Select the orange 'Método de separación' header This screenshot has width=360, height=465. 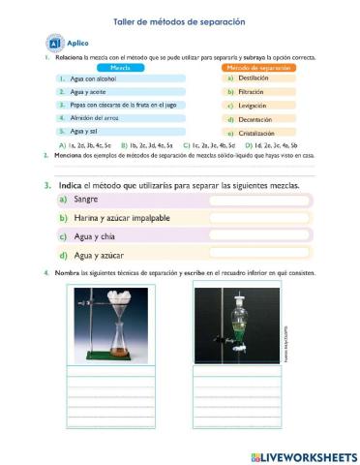click(259, 67)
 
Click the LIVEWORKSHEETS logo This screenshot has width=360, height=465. click(303, 455)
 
